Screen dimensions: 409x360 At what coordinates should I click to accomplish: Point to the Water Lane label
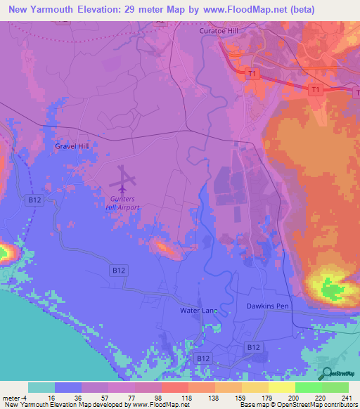click(x=196, y=310)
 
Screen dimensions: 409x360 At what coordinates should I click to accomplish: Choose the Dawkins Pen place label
click(x=268, y=306)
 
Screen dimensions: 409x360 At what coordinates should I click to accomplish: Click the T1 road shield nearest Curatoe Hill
click(x=252, y=73)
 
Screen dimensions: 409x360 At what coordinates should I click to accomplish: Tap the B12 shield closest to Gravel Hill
click(x=34, y=200)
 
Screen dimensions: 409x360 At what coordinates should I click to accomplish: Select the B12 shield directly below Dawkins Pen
click(x=254, y=347)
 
